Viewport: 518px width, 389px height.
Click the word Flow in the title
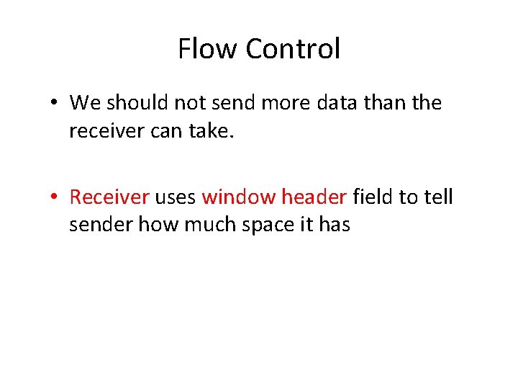click(208, 50)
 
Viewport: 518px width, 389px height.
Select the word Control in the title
click(292, 50)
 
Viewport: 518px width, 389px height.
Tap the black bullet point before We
click(55, 103)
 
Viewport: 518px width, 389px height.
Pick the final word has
click(334, 225)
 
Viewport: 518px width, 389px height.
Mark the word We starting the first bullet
click(85, 103)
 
